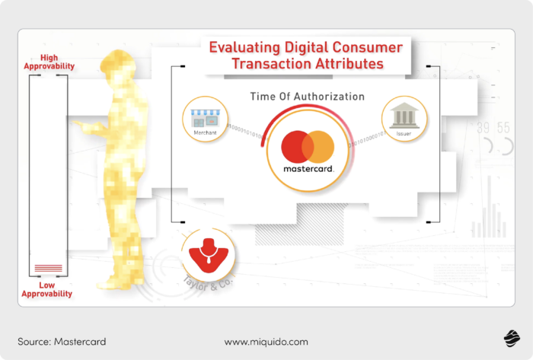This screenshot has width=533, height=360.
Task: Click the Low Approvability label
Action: [x=47, y=289]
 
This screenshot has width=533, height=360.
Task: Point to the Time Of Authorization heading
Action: [x=307, y=97]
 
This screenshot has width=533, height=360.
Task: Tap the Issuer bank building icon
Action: [x=404, y=116]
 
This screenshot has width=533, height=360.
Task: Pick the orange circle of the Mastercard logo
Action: [x=320, y=145]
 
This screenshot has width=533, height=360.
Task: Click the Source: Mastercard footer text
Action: [x=62, y=342]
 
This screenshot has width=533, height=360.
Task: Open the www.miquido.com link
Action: [x=266, y=342]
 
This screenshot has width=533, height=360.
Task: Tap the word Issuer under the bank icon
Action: [x=404, y=133]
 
